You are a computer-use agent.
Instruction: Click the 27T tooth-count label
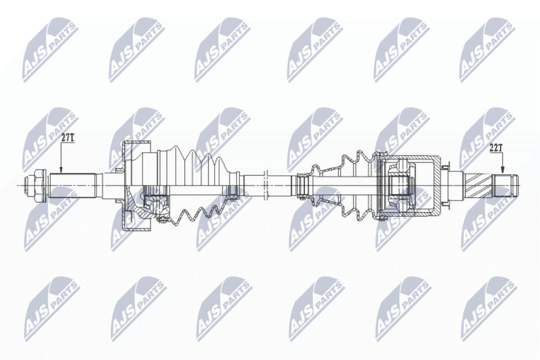(x=68, y=138)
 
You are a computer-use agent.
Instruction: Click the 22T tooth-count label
(x=496, y=148)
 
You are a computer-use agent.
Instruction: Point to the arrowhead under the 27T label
(x=61, y=170)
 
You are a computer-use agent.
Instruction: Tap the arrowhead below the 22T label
(x=502, y=170)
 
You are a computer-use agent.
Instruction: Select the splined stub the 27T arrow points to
(x=72, y=185)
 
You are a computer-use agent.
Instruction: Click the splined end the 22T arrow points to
(x=506, y=185)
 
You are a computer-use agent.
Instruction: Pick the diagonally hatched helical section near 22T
(x=479, y=185)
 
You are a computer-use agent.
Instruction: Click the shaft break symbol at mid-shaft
(x=265, y=185)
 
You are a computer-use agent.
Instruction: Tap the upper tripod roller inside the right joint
(x=403, y=165)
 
